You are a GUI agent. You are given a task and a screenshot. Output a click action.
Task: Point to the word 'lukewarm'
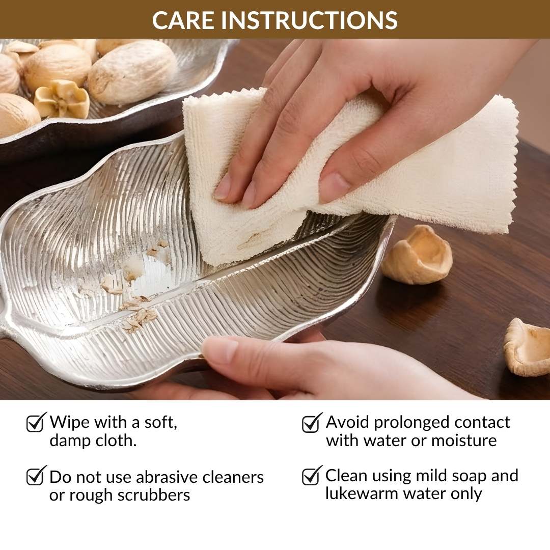pyautogui.click(x=362, y=493)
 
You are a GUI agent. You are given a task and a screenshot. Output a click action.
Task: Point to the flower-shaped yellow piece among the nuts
pyautogui.click(x=62, y=99)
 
